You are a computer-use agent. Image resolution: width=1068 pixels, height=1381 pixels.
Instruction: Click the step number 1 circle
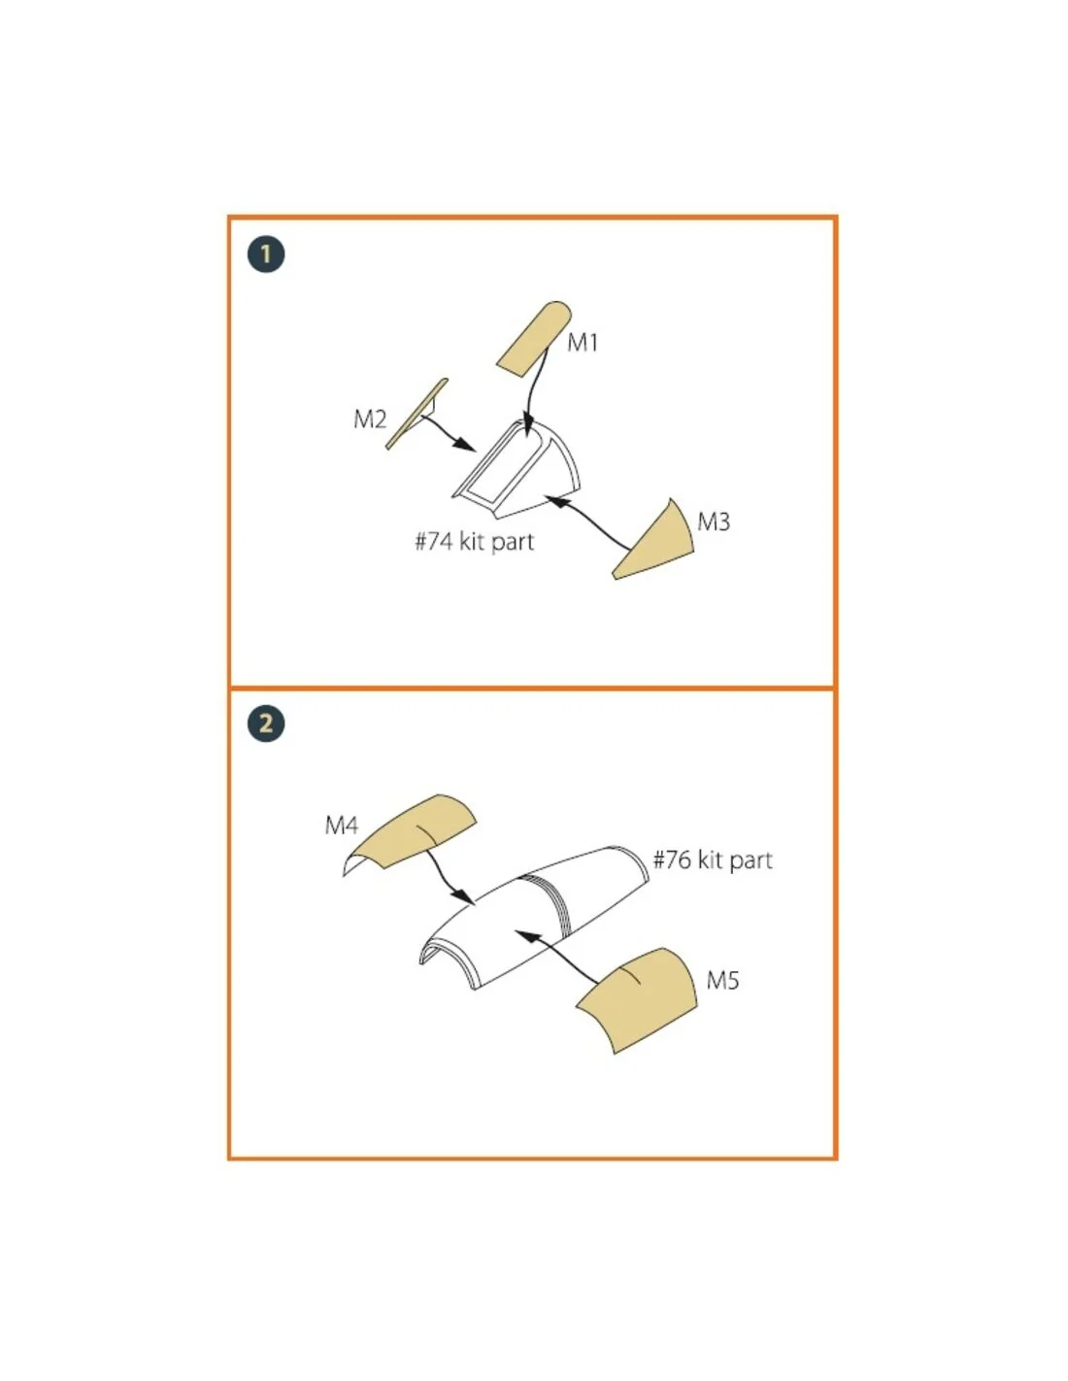(x=266, y=254)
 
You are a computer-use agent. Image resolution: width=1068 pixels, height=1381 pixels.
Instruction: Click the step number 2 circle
(x=266, y=724)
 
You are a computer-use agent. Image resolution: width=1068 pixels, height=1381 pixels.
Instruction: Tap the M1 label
(x=582, y=343)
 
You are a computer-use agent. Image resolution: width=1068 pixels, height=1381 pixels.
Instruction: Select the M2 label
(x=370, y=420)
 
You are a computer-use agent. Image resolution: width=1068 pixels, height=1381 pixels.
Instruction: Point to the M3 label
(x=714, y=522)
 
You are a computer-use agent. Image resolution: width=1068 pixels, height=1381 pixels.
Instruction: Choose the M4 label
(x=341, y=825)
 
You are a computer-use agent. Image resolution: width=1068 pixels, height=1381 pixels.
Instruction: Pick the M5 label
(x=723, y=981)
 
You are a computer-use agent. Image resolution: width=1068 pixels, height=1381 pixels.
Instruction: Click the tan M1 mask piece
(x=534, y=339)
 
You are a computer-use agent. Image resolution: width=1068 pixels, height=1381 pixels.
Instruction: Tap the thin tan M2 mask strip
(x=417, y=414)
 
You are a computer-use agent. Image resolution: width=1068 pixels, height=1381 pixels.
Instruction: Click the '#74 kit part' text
(x=474, y=542)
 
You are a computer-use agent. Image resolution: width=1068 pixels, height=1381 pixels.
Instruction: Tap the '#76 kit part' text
(x=713, y=860)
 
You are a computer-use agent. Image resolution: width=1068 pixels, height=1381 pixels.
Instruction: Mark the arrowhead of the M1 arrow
(x=527, y=429)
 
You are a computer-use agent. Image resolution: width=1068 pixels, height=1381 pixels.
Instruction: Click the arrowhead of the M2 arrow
(x=466, y=444)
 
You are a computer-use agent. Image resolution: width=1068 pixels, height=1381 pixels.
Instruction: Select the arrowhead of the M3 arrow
(x=554, y=500)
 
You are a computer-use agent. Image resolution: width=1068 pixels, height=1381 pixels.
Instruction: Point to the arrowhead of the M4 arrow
(x=464, y=897)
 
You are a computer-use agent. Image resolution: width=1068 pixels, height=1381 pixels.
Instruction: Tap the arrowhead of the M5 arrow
(x=526, y=936)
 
